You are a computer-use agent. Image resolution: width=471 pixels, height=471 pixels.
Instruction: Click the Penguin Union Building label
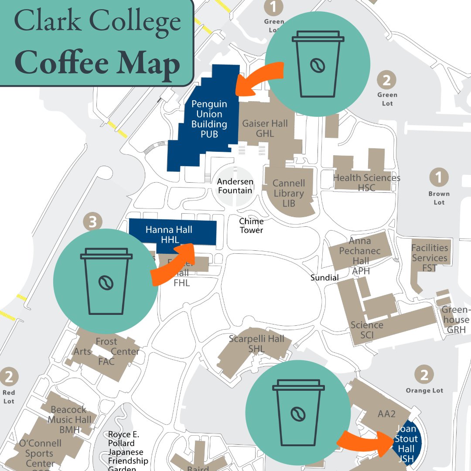tap(209, 119)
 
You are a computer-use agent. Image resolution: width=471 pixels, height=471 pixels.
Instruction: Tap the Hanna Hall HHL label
tap(169, 235)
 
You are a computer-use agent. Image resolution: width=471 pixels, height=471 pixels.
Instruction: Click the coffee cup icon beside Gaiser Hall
tap(318, 64)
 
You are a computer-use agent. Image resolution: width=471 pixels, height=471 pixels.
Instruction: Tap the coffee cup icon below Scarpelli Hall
tap(298, 413)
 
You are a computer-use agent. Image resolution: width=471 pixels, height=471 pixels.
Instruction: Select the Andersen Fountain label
tap(235, 186)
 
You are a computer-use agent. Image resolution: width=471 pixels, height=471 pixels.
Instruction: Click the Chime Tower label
tap(251, 225)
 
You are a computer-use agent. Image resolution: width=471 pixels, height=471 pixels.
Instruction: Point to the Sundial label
tap(324, 277)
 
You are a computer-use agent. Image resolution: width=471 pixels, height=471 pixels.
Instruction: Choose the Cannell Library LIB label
tap(289, 193)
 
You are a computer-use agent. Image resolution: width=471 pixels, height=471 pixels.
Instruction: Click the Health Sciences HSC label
tap(366, 182)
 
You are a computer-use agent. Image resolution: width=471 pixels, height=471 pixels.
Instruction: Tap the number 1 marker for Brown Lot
tap(439, 177)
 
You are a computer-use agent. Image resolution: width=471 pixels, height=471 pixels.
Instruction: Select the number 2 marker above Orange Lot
tap(424, 374)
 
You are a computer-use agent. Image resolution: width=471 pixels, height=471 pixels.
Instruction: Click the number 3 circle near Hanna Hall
tap(92, 222)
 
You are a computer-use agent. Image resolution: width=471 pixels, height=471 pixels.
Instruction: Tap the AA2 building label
tap(386, 414)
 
